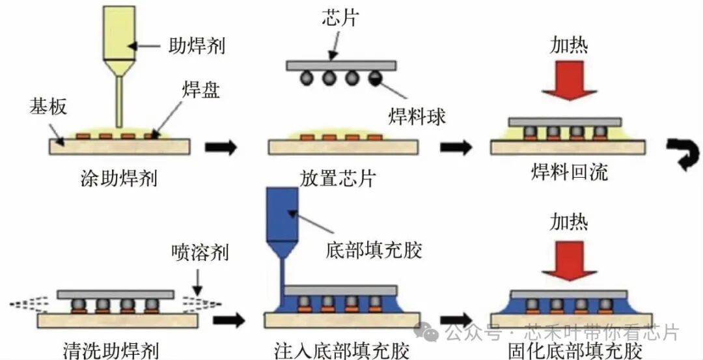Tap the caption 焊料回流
(569, 173)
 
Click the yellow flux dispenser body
(119, 33)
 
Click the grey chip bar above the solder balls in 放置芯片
(341, 65)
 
